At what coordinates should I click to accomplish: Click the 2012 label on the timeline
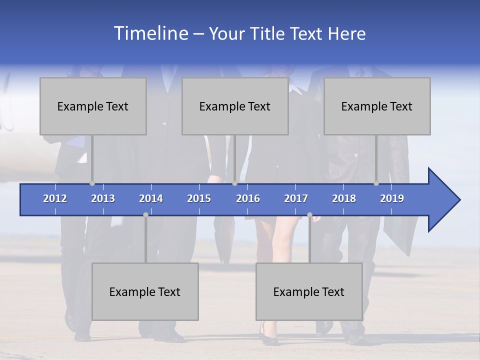tap(55, 198)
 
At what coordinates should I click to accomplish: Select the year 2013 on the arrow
tap(103, 198)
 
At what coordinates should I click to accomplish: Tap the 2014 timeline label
tap(151, 198)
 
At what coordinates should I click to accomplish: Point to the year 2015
tap(199, 198)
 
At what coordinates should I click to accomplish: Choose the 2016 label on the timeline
tap(248, 198)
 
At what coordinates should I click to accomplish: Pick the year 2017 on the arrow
tap(296, 198)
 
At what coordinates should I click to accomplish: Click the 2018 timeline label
tap(344, 198)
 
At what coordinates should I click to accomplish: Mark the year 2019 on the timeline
tap(392, 198)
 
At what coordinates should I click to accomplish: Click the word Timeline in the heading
tap(150, 33)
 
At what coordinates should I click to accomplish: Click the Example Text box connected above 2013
tap(93, 106)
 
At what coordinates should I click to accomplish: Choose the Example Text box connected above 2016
tap(235, 106)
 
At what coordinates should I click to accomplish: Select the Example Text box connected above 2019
tap(377, 106)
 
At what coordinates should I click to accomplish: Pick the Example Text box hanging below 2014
tap(145, 291)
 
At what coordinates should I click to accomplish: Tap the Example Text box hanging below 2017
tap(309, 291)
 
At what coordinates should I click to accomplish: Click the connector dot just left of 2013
tap(92, 183)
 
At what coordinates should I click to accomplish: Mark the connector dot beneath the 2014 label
tap(145, 214)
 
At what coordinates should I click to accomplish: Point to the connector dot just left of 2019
tap(376, 183)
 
